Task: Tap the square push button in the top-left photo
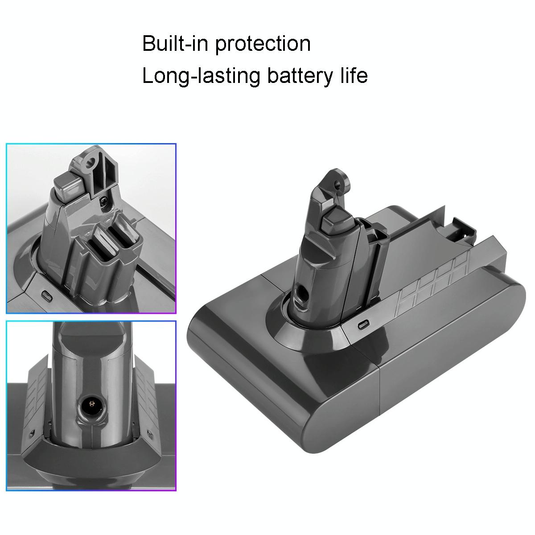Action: click(x=67, y=184)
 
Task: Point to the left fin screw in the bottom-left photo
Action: click(x=31, y=433)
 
